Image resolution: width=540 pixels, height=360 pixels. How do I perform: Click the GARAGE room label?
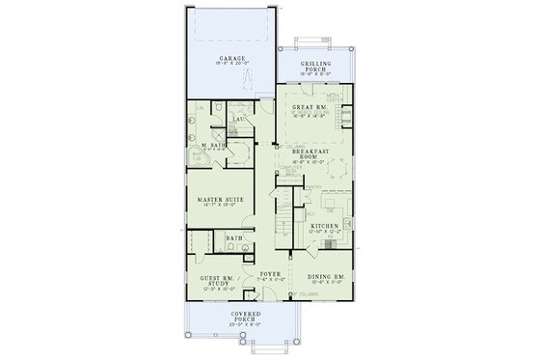pos(230,58)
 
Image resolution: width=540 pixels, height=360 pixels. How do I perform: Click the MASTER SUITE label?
pos(218,199)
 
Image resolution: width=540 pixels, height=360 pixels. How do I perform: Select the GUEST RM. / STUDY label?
pos(217,281)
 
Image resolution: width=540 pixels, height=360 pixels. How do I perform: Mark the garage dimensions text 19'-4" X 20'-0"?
pos(230,65)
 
